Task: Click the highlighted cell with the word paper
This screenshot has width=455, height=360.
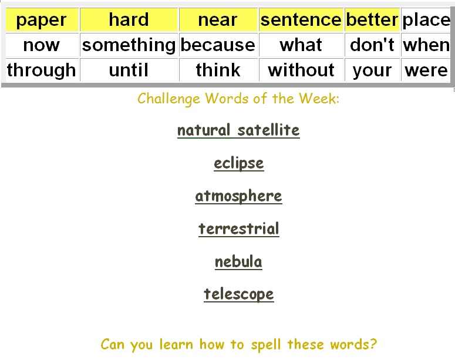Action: (42, 20)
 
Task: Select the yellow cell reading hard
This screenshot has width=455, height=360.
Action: (129, 20)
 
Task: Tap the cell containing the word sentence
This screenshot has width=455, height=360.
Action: (301, 20)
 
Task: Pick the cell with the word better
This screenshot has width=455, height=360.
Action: (372, 20)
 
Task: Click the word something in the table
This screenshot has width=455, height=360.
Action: (129, 45)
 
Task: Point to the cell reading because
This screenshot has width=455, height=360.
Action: (218, 45)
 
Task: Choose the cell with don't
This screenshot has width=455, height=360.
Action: (372, 45)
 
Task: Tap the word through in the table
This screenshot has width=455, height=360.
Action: (42, 70)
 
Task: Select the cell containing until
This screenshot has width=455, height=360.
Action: (129, 70)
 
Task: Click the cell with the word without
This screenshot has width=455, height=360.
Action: (301, 70)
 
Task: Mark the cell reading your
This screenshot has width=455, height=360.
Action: (372, 70)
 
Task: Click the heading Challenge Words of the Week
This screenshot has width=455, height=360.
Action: (238, 99)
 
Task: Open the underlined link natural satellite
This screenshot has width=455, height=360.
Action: (238, 130)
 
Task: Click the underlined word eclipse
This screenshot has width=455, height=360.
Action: (239, 163)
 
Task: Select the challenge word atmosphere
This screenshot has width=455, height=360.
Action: (238, 196)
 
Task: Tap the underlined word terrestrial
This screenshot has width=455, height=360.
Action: (239, 229)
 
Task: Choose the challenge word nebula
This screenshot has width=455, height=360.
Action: (238, 262)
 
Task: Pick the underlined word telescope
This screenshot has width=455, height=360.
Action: (239, 294)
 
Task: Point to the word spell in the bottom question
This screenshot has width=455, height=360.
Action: (267, 345)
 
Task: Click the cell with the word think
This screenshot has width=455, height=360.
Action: (218, 70)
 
